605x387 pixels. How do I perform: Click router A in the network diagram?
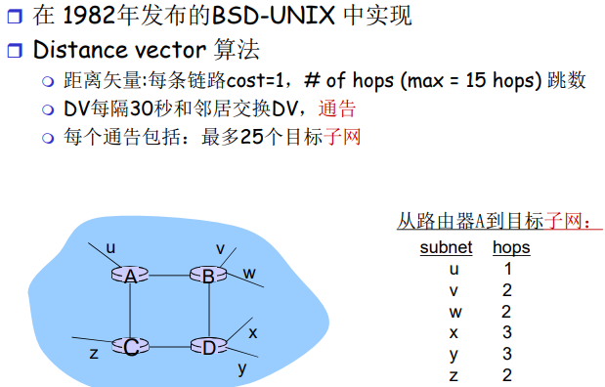[130, 276]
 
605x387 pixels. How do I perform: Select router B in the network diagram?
[207, 276]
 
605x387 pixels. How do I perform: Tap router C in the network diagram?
[130, 346]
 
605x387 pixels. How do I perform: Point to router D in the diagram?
[207, 346]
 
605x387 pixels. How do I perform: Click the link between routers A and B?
[168, 276]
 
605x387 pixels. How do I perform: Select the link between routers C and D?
[168, 346]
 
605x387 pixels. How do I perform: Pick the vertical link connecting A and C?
[130, 311]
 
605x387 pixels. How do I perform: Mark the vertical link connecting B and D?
[207, 311]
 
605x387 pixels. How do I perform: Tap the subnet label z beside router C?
[94, 353]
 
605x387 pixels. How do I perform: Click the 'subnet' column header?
[446, 247]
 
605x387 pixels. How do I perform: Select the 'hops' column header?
[511, 247]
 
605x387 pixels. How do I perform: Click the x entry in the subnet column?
[454, 333]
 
